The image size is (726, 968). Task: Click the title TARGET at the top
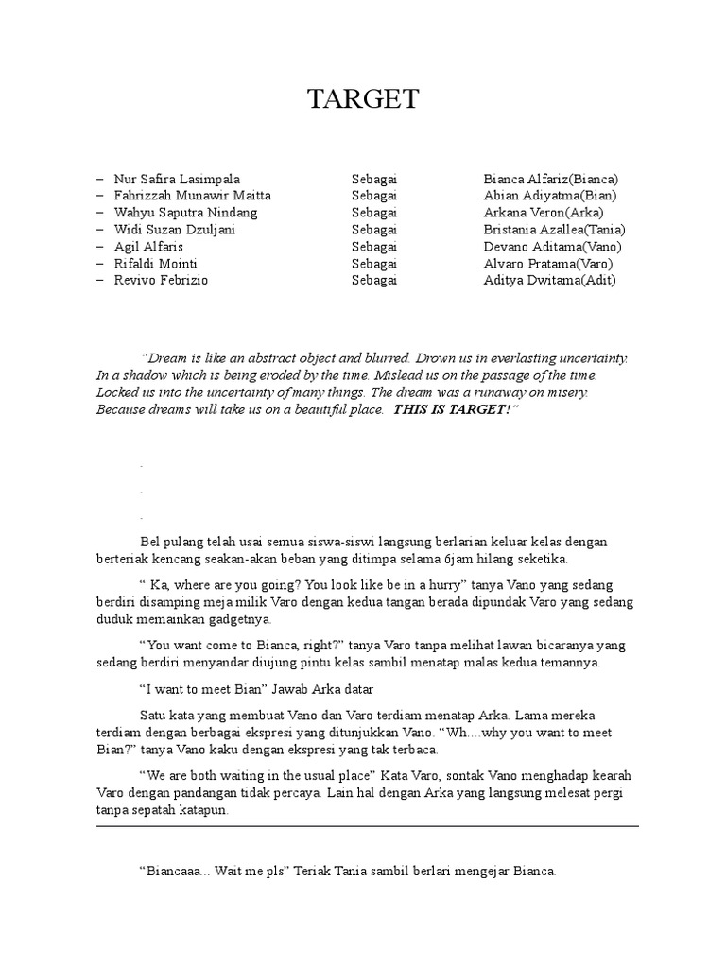(363, 101)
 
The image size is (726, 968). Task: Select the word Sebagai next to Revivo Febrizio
(374, 281)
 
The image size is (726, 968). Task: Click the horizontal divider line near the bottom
(367, 825)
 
